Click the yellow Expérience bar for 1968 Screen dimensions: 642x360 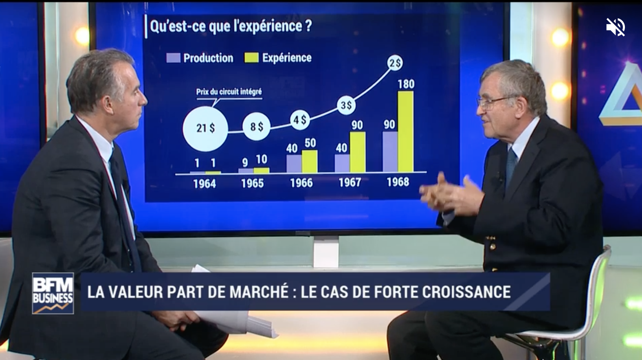pyautogui.click(x=406, y=132)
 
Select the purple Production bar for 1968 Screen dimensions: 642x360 pyautogui.click(x=390, y=152)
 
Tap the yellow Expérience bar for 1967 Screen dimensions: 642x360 pyautogui.click(x=357, y=152)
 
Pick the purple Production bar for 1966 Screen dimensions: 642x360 pyautogui.click(x=294, y=164)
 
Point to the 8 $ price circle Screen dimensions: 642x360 pyautogui.click(x=256, y=127)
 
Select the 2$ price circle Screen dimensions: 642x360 pyautogui.click(x=395, y=63)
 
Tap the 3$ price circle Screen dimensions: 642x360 pyautogui.click(x=346, y=105)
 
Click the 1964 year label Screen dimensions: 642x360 pyautogui.click(x=204, y=184)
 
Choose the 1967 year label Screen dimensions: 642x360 pyautogui.click(x=350, y=182)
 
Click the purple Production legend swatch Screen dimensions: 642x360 pyautogui.click(x=174, y=58)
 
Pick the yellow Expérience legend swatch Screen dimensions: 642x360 pyautogui.click(x=251, y=57)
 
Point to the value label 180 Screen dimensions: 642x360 pyautogui.click(x=406, y=84)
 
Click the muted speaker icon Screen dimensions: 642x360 pyautogui.click(x=616, y=27)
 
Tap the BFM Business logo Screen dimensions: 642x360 pyautogui.click(x=53, y=293)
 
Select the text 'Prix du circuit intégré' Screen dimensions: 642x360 pyautogui.click(x=229, y=92)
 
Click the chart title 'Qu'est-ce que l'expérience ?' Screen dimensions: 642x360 pyautogui.click(x=231, y=26)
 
